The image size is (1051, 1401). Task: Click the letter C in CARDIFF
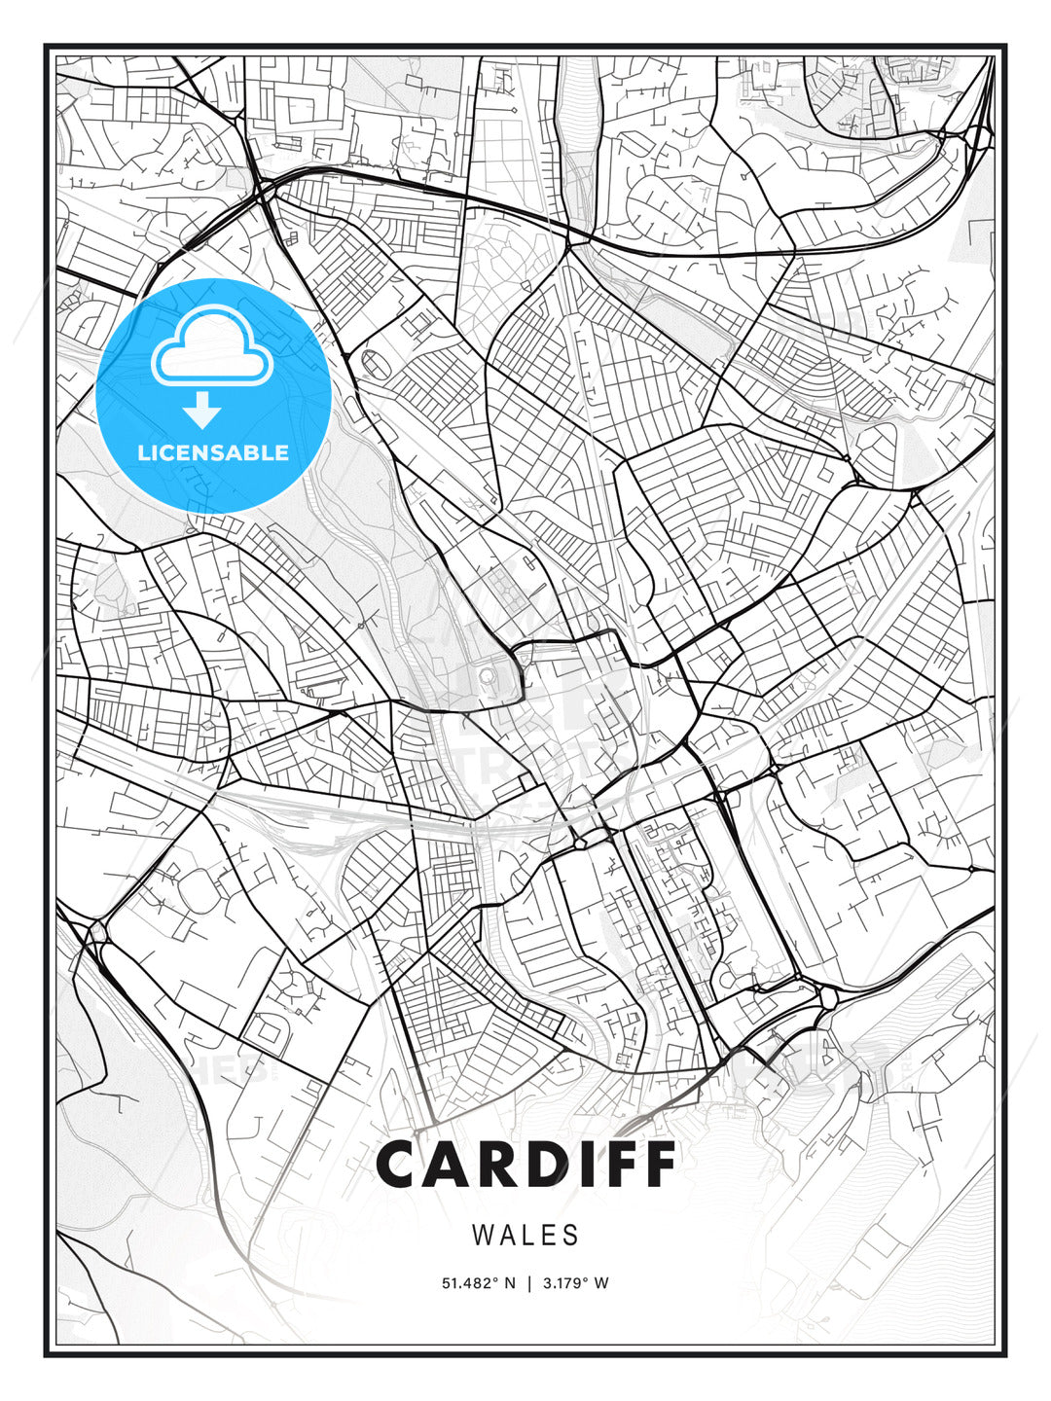pos(399,1165)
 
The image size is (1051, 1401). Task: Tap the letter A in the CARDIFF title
pos(453,1165)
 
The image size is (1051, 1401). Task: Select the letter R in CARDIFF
pos(506,1165)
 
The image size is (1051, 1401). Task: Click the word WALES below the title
pos(525,1236)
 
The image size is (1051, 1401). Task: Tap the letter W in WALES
pos(482,1236)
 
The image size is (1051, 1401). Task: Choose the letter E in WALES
pos(549,1236)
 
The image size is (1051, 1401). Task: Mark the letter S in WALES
pos(571,1236)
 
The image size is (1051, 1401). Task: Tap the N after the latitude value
pos(509,1283)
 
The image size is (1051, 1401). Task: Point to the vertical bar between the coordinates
pos(529,1283)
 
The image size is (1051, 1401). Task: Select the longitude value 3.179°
pos(564,1283)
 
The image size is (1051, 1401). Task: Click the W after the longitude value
pos(601,1283)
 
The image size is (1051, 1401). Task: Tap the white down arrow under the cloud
pos(202,411)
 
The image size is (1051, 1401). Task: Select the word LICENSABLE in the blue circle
pos(213,452)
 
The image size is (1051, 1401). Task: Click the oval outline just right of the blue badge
pos(375,363)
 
